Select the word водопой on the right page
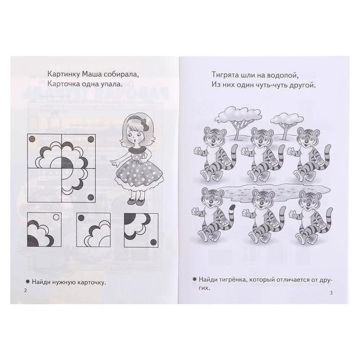click(x=282, y=75)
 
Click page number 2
click(x=26, y=290)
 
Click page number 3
click(x=331, y=292)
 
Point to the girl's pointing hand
click(x=114, y=163)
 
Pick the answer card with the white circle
click(x=44, y=230)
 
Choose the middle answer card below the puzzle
click(x=94, y=230)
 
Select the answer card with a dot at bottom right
click(x=141, y=230)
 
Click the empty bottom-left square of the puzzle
click(x=44, y=185)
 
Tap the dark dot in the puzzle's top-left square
click(x=32, y=139)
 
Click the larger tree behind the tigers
click(x=238, y=121)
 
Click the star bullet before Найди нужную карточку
click(x=28, y=281)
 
